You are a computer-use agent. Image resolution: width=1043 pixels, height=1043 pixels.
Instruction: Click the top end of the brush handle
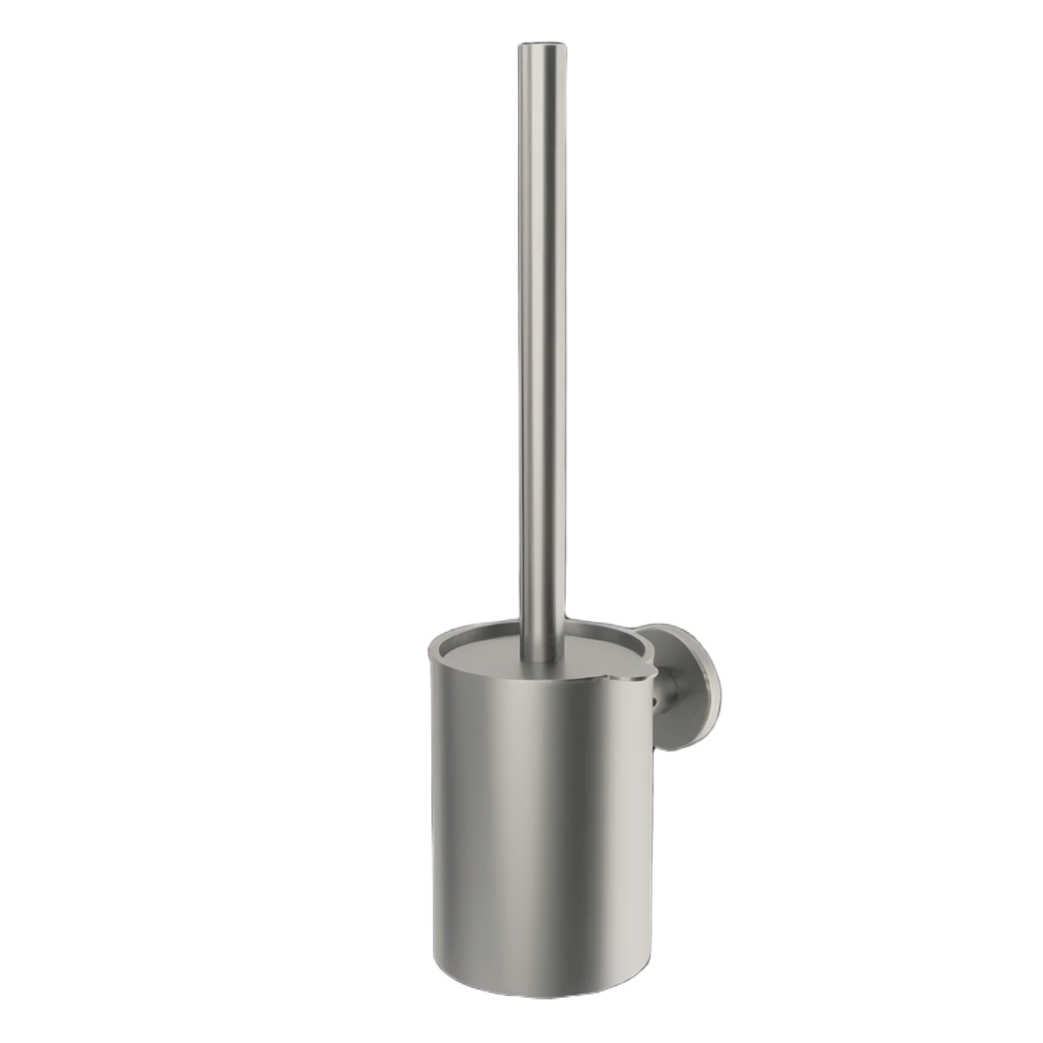click(x=530, y=45)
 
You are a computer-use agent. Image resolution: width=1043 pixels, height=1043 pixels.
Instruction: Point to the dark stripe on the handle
click(x=522, y=348)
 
